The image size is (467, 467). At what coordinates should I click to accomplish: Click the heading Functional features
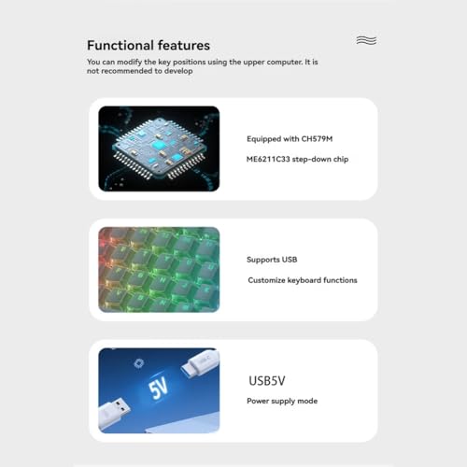149,46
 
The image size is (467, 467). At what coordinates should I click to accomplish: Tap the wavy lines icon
366,40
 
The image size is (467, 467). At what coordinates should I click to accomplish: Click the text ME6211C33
268,159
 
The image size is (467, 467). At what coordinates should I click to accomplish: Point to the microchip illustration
159,149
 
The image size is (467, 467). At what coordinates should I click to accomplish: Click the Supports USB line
272,260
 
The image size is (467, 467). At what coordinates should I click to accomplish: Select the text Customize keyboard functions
303,280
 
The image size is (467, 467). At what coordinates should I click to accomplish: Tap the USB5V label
267,381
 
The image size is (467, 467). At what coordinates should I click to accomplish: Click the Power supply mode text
282,401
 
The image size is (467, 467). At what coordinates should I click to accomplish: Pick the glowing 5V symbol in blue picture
158,388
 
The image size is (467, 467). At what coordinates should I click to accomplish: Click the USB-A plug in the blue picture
113,411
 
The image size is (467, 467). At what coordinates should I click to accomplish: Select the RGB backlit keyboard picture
159,270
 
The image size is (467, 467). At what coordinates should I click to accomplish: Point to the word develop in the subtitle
178,71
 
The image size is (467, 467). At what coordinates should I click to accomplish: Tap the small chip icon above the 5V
138,363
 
